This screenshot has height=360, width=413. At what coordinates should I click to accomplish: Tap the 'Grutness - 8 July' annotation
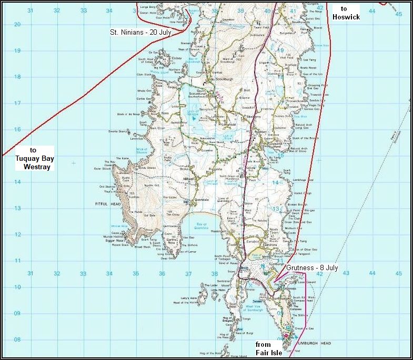click(x=311, y=268)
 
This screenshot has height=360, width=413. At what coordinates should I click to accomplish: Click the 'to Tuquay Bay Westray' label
click(x=33, y=158)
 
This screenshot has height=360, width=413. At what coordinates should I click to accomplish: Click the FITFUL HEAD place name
click(x=106, y=203)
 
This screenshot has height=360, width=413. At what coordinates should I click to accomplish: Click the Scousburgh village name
click(x=216, y=80)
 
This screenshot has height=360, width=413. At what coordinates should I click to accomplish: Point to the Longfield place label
click(x=206, y=125)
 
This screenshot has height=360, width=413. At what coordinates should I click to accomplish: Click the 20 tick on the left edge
click(x=17, y=24)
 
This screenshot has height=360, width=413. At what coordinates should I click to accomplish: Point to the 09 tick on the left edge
click(x=17, y=313)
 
